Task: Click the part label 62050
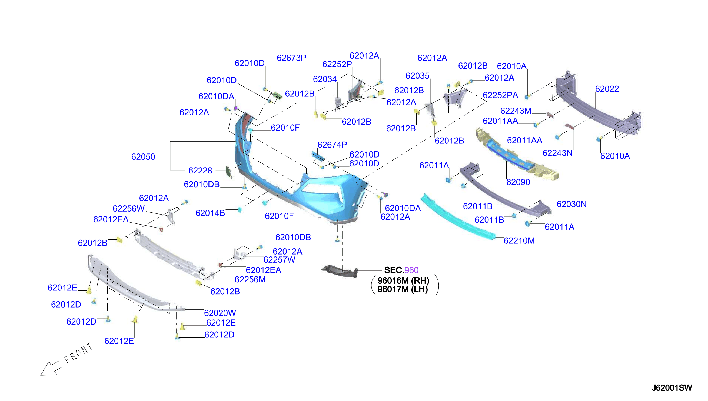point(143,157)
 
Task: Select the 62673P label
point(291,58)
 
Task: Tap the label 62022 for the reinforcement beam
point(607,89)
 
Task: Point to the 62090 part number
point(518,182)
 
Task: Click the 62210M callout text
point(519,241)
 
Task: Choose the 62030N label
point(571,204)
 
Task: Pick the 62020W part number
point(220,313)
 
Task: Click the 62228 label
point(200,171)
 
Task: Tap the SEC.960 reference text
point(401,270)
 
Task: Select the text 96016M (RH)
point(403,281)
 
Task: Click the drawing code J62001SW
point(672,388)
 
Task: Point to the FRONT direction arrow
point(50,368)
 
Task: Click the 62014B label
point(210,213)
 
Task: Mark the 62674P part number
point(332,145)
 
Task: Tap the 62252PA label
point(500,95)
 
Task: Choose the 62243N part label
point(557,153)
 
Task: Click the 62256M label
point(250,280)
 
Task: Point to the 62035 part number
point(417,76)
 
